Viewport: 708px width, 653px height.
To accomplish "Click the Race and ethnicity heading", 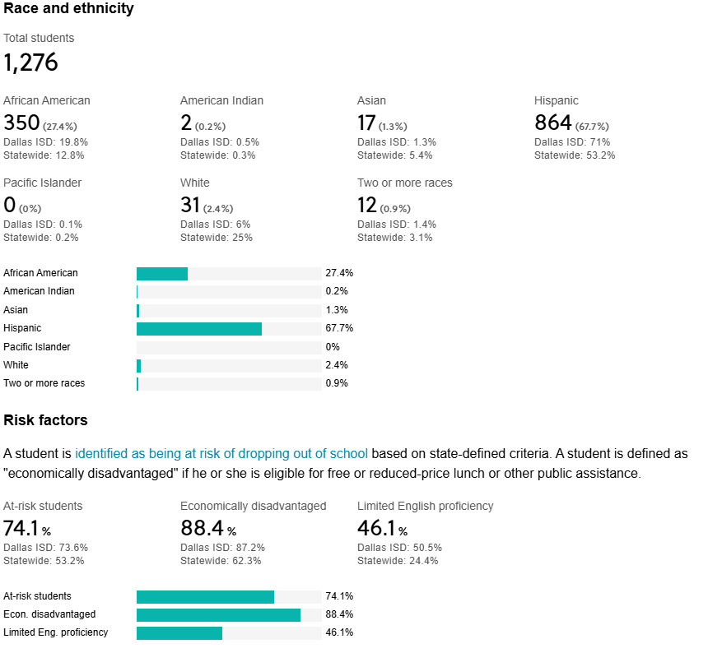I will click(68, 9).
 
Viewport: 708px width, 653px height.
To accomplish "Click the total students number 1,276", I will click(30, 63).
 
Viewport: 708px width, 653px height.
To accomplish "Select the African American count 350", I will click(21, 123).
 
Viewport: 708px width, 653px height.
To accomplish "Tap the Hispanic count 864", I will click(552, 123).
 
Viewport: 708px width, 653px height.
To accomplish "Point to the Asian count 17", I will click(366, 123).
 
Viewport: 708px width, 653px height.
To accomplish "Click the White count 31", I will click(190, 206).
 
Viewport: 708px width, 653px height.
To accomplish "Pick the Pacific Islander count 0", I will click(9, 206).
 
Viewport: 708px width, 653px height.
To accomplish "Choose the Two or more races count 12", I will click(366, 206).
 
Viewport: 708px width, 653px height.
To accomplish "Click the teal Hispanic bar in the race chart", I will click(198, 328).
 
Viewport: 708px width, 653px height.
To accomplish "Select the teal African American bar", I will click(161, 273).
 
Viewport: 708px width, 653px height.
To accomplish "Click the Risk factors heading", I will click(45, 420).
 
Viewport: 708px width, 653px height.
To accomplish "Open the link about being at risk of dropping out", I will click(221, 453).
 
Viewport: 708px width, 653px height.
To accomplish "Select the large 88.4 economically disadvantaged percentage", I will click(202, 528).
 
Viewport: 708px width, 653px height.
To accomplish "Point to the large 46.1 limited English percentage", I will click(377, 528).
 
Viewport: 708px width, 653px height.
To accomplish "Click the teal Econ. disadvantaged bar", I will click(218, 614).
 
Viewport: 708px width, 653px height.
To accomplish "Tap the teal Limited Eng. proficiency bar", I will click(179, 632).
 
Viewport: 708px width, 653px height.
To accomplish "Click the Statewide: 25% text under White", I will click(216, 238).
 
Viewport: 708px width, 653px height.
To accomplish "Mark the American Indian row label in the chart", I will click(39, 291).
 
